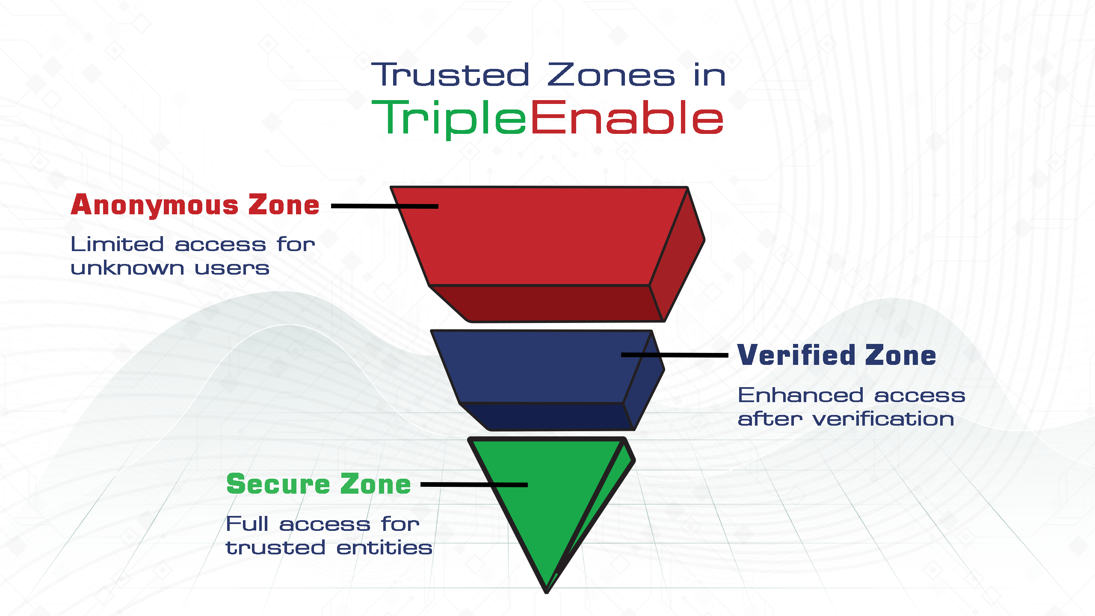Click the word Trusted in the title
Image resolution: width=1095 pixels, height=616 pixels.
point(450,75)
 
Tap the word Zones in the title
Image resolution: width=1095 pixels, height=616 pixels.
point(611,75)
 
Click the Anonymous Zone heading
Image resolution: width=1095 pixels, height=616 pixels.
point(195,205)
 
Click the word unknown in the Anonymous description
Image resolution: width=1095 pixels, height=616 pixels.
point(127,268)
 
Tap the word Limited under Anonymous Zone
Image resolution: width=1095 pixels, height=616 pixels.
point(117,244)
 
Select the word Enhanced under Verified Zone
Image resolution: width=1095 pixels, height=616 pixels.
point(801,395)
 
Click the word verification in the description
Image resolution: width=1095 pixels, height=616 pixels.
point(883,419)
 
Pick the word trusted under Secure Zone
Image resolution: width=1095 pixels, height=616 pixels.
point(275,548)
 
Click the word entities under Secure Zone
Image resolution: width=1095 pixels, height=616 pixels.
point(384,548)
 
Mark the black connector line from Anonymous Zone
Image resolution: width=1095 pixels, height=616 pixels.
point(385,206)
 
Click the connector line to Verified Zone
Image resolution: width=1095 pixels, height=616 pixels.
point(675,355)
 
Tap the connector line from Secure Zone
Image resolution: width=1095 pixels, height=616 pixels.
point(474,485)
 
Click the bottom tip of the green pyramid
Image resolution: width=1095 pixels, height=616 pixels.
point(546,592)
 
